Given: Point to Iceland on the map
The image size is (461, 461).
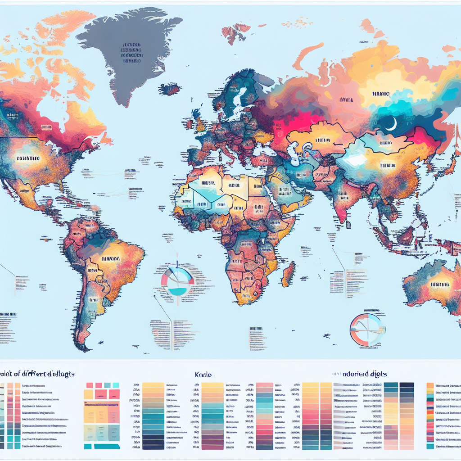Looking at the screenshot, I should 171,89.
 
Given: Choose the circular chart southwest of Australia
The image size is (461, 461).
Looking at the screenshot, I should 367,330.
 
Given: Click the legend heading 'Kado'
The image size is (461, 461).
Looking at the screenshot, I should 204,375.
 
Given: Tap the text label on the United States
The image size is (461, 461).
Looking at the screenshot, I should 27,158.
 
